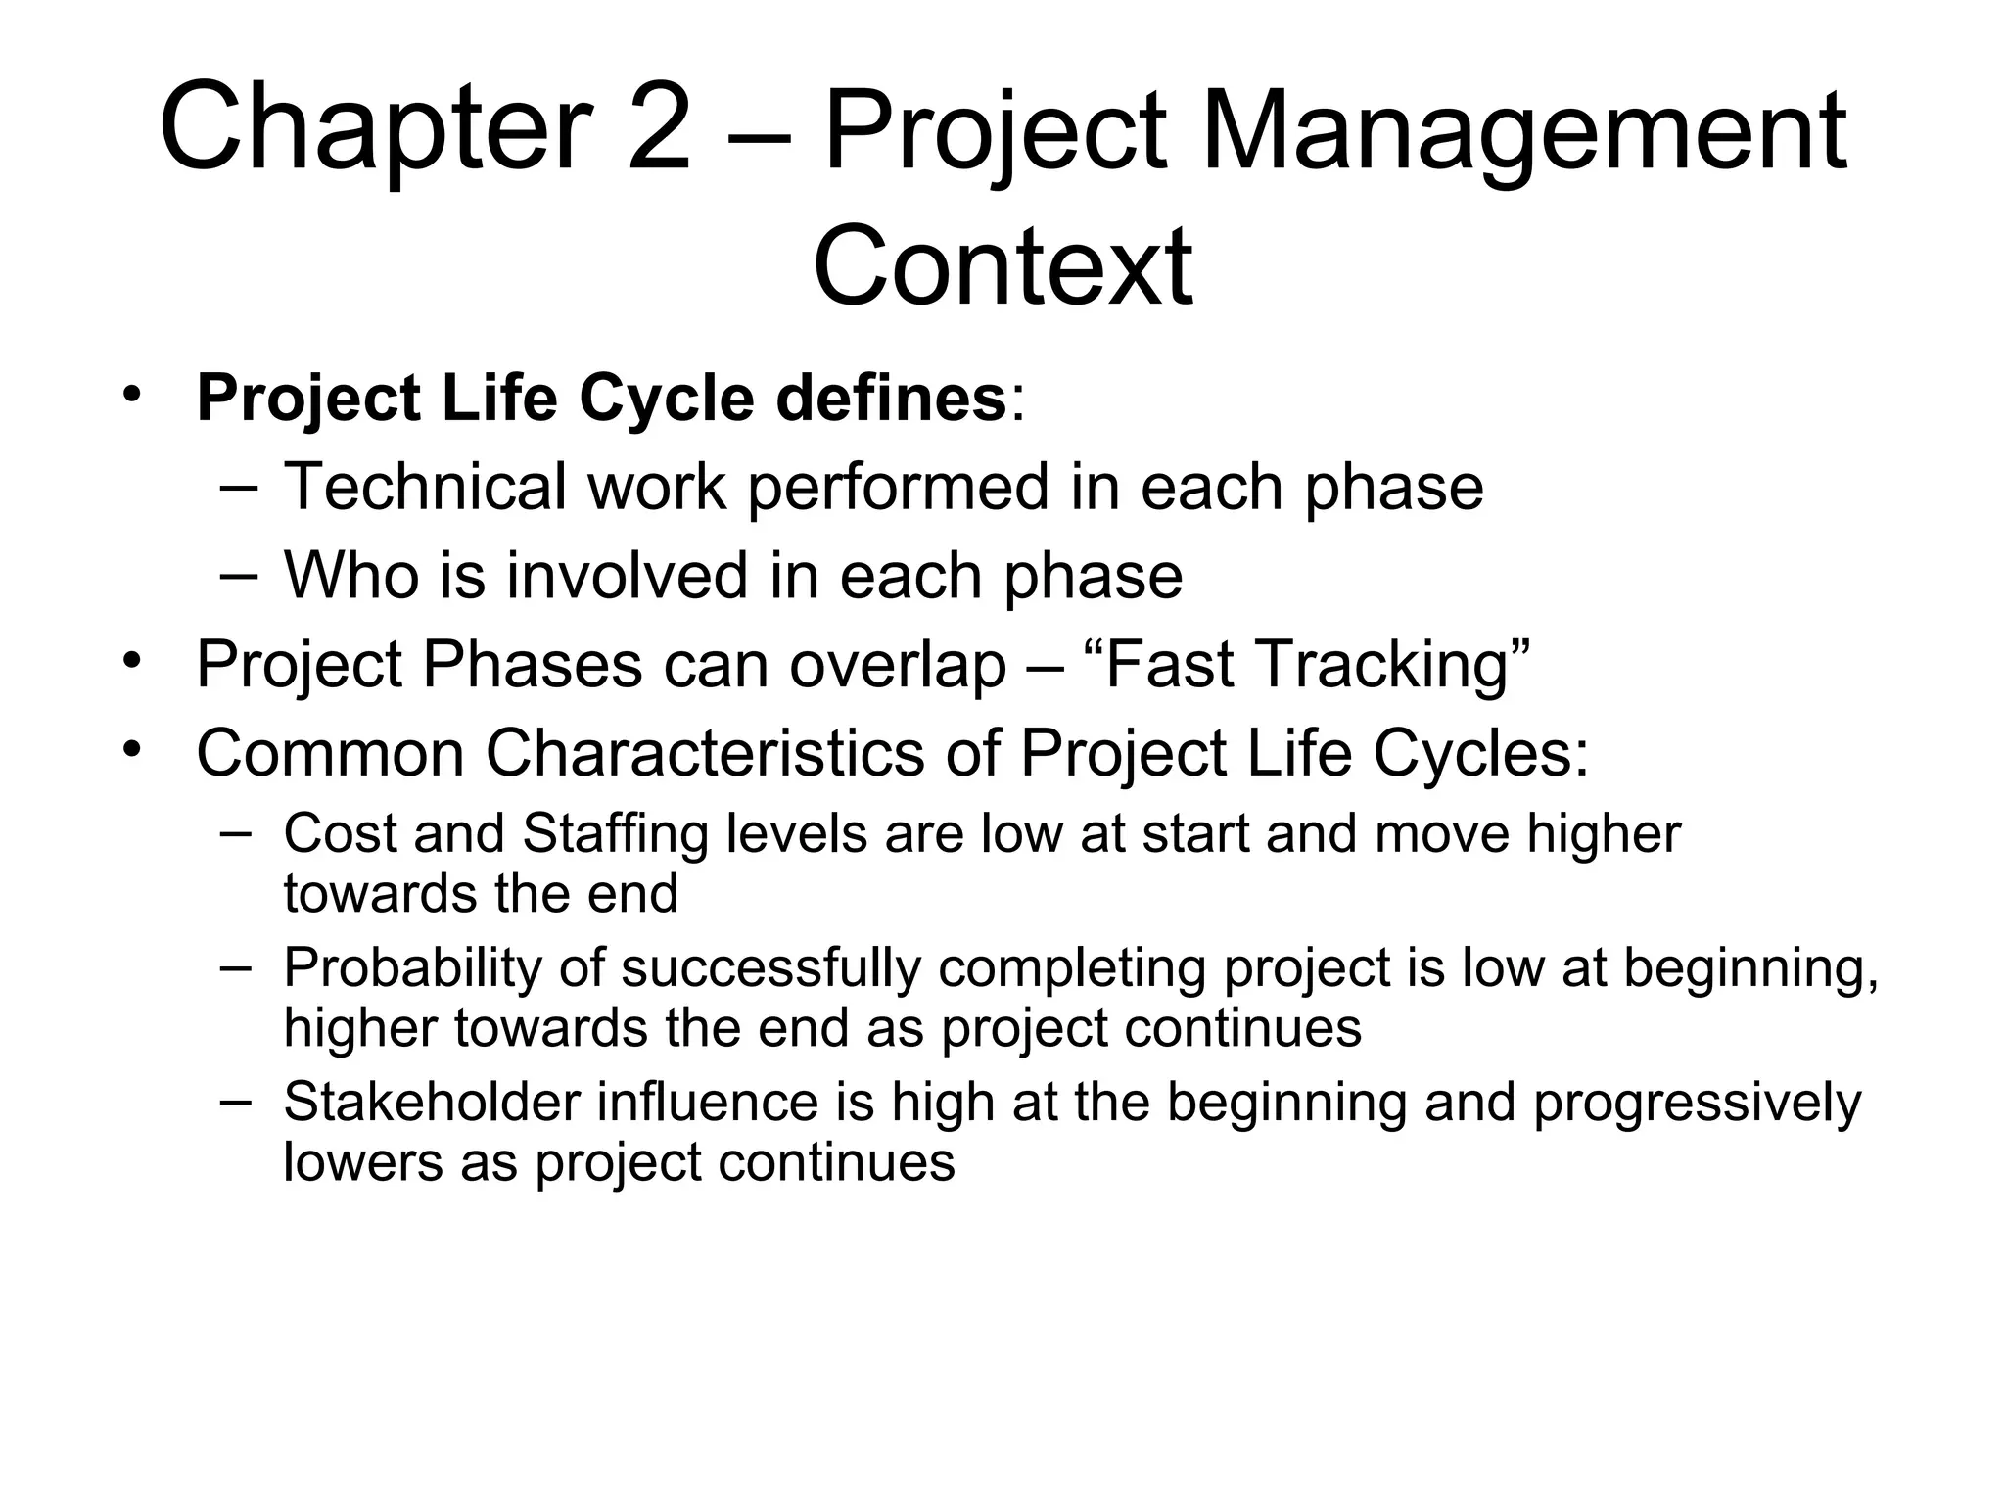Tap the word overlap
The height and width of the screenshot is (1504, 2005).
(x=898, y=665)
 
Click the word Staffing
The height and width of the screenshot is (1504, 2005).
(x=615, y=834)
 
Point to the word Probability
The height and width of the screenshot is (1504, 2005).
(x=412, y=968)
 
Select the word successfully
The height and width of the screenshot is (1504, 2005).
(x=771, y=968)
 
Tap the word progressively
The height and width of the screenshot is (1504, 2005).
(x=1697, y=1104)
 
